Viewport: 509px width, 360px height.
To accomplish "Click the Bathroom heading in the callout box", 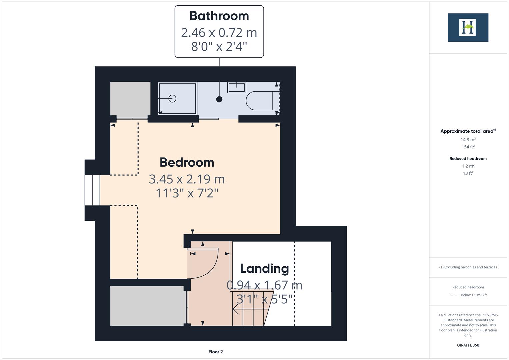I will coord(219,16).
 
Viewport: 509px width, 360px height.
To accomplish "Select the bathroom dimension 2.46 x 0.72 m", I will coord(219,33).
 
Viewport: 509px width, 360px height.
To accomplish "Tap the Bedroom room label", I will coord(187,162).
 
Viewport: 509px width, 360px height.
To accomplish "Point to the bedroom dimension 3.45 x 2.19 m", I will coord(187,179).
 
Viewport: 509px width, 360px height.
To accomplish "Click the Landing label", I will coord(264,268).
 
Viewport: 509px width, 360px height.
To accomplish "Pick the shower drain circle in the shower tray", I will coord(172,98).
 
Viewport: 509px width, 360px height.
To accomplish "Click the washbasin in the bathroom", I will coord(237,87).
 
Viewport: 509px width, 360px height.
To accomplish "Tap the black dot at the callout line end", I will coord(219,99).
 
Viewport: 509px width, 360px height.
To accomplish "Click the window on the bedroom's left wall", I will coord(92,190).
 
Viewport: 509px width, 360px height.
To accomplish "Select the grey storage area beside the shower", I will coord(130,99).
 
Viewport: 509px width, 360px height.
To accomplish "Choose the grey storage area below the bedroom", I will coord(147,306).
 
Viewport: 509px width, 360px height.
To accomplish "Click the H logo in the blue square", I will coord(468,27).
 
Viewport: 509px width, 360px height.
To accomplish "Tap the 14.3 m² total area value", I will coord(468,140).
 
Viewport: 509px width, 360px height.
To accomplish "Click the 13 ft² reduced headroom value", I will coord(468,173).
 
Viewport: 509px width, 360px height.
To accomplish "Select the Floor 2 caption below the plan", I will coord(215,352).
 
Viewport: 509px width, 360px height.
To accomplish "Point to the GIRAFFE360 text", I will coord(468,345).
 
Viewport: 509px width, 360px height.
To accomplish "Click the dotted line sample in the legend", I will coord(454,295).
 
